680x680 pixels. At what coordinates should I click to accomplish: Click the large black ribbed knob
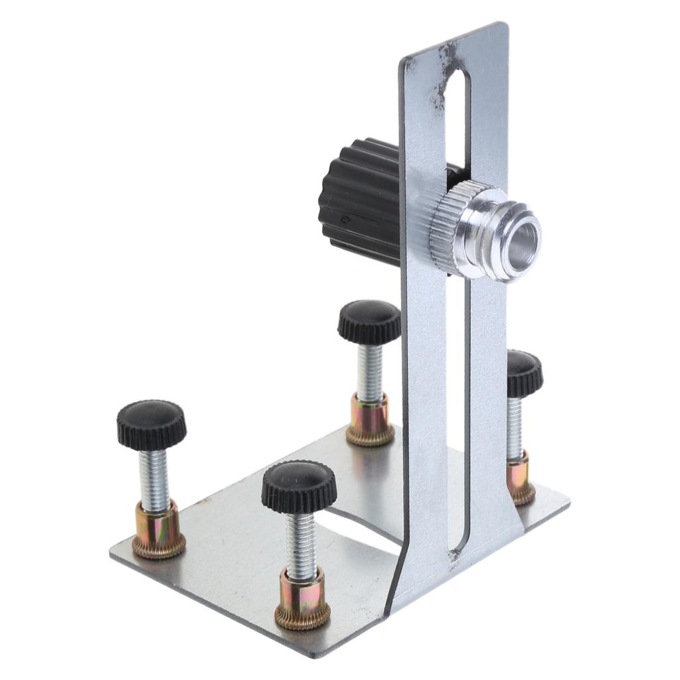click(x=362, y=199)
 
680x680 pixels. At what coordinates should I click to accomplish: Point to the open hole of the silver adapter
click(x=524, y=238)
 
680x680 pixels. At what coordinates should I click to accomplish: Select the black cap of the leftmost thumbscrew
click(x=151, y=424)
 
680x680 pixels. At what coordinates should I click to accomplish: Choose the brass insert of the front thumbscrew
click(x=302, y=598)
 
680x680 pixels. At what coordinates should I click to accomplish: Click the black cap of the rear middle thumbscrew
click(x=369, y=321)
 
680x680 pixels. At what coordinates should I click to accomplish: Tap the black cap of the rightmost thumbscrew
click(x=524, y=373)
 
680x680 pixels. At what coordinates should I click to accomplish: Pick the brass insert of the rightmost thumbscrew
click(x=521, y=478)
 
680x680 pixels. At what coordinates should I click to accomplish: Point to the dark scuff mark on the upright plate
click(x=442, y=80)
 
